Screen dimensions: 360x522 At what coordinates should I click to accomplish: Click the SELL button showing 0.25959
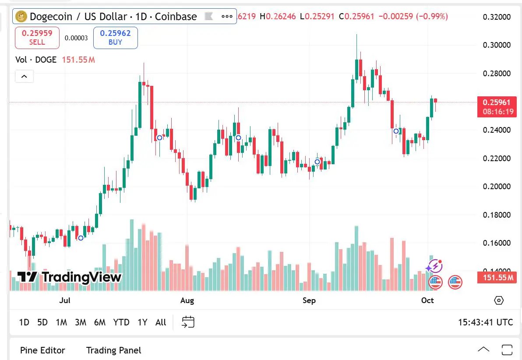click(x=37, y=38)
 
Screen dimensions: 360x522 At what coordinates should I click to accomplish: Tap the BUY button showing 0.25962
click(x=115, y=38)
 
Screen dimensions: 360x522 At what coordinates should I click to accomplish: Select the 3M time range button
click(x=80, y=322)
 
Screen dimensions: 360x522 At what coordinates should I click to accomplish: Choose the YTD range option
click(x=121, y=322)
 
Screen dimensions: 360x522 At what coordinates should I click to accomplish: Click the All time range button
click(x=161, y=322)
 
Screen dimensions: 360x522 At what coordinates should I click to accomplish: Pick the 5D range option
click(x=42, y=322)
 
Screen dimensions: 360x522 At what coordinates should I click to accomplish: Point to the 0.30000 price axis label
click(x=497, y=45)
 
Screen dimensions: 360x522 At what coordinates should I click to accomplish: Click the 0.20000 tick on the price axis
click(x=497, y=187)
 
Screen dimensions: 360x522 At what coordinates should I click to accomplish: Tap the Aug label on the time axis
click(x=187, y=300)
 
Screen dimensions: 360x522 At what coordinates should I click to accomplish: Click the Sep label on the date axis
click(x=309, y=300)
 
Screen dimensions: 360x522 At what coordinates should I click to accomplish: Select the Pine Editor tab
click(x=42, y=350)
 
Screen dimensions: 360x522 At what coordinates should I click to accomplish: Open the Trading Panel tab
click(x=113, y=350)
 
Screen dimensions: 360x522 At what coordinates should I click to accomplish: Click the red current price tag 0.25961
click(x=497, y=102)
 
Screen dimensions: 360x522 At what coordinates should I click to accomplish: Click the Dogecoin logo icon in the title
click(x=21, y=17)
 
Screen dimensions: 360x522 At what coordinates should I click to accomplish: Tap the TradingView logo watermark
click(x=69, y=277)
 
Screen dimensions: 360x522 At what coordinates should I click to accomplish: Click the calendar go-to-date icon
click(x=188, y=322)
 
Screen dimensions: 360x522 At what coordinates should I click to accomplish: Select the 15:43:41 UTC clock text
click(x=485, y=322)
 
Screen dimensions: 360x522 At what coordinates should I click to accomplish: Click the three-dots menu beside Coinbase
click(x=227, y=17)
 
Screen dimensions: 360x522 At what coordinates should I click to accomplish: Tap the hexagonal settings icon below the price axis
click(x=498, y=300)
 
